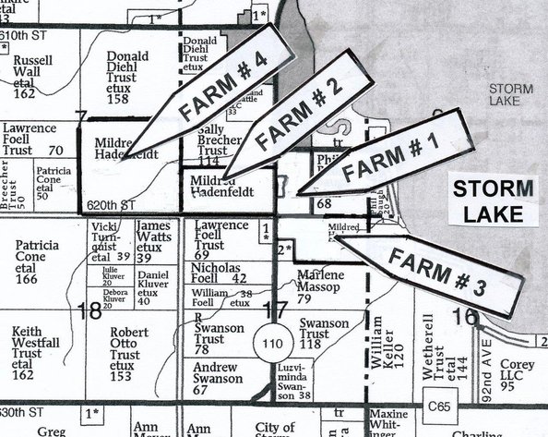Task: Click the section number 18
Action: click(x=90, y=310)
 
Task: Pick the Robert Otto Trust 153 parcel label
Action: click(x=124, y=354)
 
